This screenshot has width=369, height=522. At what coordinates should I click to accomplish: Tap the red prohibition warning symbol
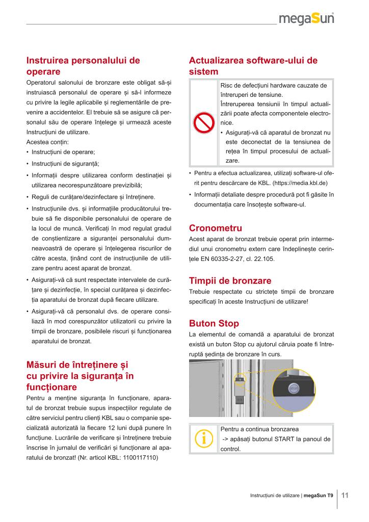(x=203, y=123)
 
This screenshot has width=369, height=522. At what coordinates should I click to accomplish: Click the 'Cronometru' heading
(x=216, y=228)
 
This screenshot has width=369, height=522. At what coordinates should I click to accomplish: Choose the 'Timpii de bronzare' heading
(x=230, y=281)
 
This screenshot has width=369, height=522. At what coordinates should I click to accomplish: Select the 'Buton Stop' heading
(x=214, y=323)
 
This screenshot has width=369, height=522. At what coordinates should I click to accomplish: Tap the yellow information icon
(x=203, y=438)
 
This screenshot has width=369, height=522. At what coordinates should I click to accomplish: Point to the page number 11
(x=345, y=495)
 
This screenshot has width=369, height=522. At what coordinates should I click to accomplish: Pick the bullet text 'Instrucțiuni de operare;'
(x=63, y=152)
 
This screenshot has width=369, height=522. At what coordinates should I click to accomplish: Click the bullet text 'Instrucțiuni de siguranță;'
(x=65, y=164)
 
